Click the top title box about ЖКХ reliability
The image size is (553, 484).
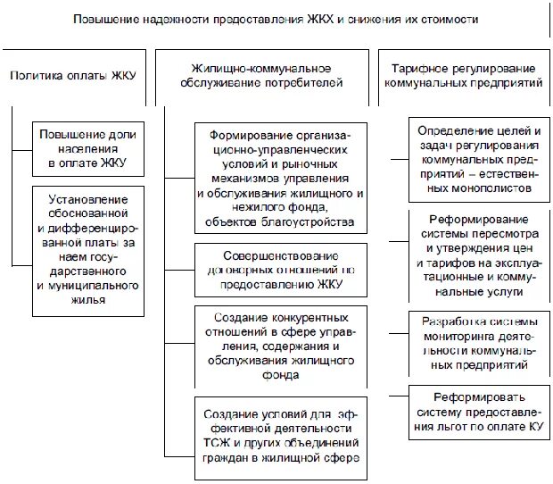pyautogui.click(x=276, y=19)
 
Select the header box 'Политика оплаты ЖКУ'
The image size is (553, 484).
pyautogui.click(x=73, y=76)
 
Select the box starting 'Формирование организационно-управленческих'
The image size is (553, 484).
pyautogui.click(x=280, y=177)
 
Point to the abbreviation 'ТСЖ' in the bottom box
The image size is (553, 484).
pyautogui.click(x=218, y=443)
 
